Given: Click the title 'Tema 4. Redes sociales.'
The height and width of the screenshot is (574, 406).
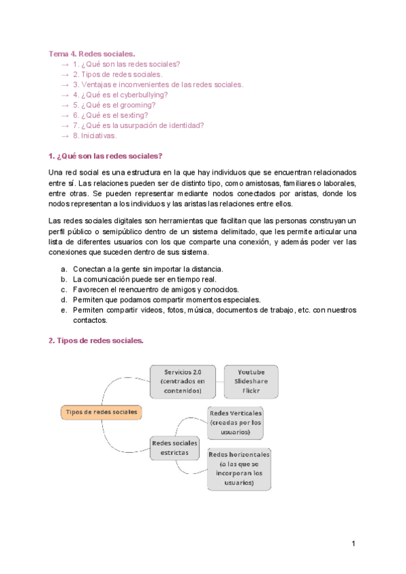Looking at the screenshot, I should [x=92, y=53].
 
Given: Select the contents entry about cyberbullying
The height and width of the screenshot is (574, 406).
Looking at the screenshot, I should [x=120, y=95].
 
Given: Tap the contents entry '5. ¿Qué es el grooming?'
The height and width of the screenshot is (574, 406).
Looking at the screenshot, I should [x=114, y=105].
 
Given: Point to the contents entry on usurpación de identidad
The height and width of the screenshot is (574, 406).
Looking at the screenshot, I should [x=138, y=125].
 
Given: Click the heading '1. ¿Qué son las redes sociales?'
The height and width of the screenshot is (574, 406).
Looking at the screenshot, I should [x=106, y=156].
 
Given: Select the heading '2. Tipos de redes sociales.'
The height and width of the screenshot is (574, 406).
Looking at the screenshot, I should [x=96, y=340].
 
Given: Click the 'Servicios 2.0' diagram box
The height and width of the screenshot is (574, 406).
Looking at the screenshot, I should [x=182, y=381].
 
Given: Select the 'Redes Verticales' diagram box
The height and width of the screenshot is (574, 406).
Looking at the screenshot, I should [x=235, y=422].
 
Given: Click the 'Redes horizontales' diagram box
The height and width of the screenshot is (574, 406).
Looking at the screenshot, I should [x=240, y=468].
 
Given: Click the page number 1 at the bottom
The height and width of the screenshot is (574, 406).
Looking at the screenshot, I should [x=353, y=544].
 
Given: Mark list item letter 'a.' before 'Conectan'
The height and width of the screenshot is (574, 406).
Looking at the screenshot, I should [x=64, y=269].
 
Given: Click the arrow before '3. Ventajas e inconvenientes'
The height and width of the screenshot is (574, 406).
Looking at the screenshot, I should [x=64, y=85].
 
